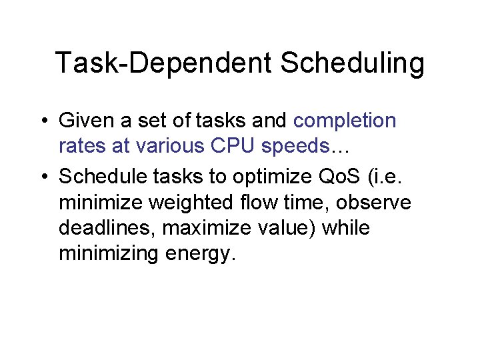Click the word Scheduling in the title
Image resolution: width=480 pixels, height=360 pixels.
pos(352,64)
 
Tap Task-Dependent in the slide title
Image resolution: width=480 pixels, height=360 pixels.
pos(163,64)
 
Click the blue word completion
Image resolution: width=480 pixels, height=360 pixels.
pos(345,121)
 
